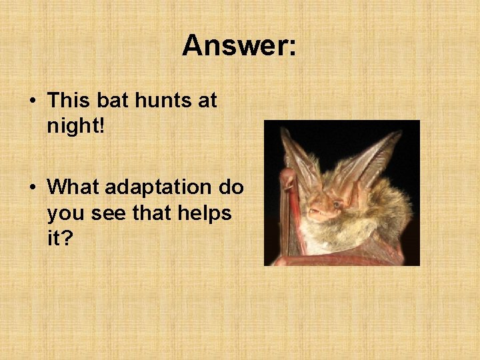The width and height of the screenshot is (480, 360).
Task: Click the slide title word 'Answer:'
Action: [239, 46]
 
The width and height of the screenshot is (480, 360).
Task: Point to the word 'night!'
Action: [76, 126]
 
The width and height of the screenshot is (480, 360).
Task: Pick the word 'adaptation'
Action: [159, 187]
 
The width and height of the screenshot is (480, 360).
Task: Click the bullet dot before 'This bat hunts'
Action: [33, 101]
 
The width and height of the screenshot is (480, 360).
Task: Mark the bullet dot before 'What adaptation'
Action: [33, 188]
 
